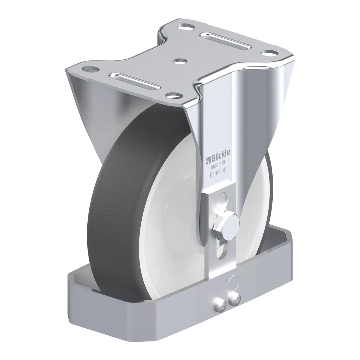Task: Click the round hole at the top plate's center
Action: pos(180,61)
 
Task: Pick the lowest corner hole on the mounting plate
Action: pos(175,95)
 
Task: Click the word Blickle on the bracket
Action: pos(220,154)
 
